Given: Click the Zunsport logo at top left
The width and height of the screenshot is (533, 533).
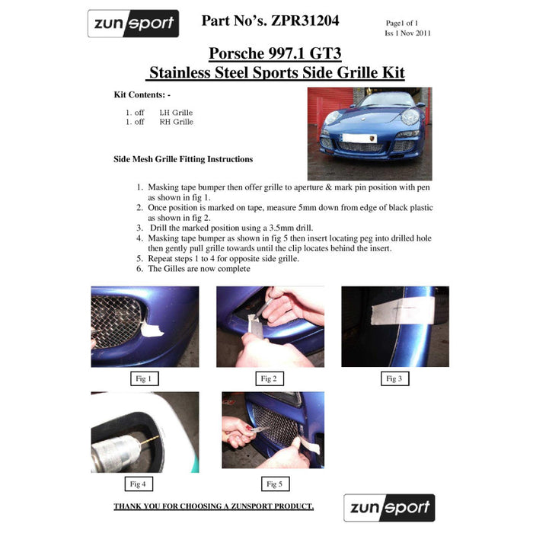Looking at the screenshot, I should (x=132, y=24).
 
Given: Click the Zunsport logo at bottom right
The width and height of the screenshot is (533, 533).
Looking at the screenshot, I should (x=388, y=507).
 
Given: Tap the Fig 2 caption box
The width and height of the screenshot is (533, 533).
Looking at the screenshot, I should (x=268, y=378).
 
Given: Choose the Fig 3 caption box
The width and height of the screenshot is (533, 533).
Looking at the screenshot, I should (x=393, y=378).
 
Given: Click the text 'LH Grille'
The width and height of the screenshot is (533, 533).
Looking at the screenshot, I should (x=176, y=113).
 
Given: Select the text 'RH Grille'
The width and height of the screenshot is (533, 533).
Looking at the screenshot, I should (x=176, y=122).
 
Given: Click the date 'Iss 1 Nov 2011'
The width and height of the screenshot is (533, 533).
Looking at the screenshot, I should (x=408, y=34).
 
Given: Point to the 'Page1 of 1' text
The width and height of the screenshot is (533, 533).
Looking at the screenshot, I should (x=403, y=24).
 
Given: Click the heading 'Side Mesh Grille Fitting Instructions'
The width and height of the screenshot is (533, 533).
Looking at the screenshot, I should (x=183, y=159).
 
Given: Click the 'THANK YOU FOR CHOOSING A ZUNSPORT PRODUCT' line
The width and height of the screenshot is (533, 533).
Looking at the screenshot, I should (x=213, y=506).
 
